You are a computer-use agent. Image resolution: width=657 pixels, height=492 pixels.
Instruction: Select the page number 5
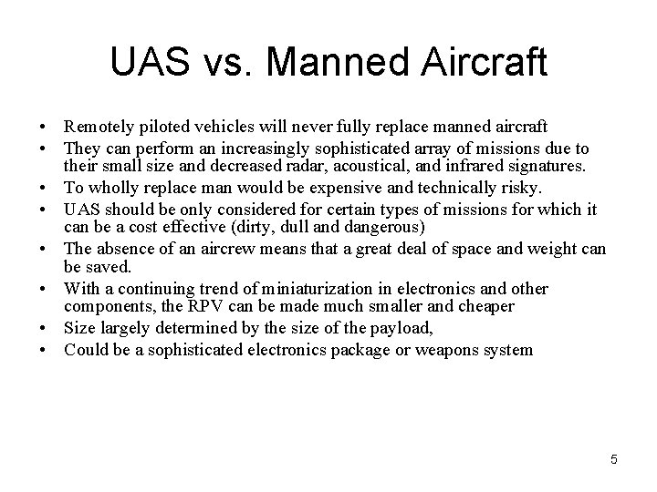click(614, 459)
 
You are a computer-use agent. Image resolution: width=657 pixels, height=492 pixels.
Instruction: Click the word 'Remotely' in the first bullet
click(98, 127)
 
